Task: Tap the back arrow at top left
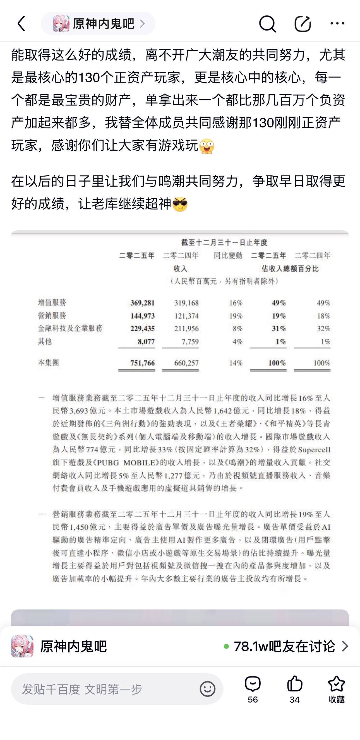(21, 23)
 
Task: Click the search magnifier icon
(267, 24)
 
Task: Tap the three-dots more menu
(337, 23)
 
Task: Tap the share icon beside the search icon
(303, 24)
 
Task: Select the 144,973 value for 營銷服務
(143, 316)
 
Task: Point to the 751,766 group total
(143, 363)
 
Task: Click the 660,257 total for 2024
(186, 363)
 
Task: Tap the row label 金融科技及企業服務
(70, 328)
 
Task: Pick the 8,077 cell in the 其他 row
(146, 342)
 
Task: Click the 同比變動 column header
(228, 255)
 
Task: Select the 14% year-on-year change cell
(236, 363)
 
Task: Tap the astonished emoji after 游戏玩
(207, 146)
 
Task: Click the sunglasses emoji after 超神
(180, 204)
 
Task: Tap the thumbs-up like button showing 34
(294, 689)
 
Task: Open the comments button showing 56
(253, 689)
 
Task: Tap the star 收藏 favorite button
(336, 689)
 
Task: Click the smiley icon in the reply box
(207, 689)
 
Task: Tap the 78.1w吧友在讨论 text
(284, 646)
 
